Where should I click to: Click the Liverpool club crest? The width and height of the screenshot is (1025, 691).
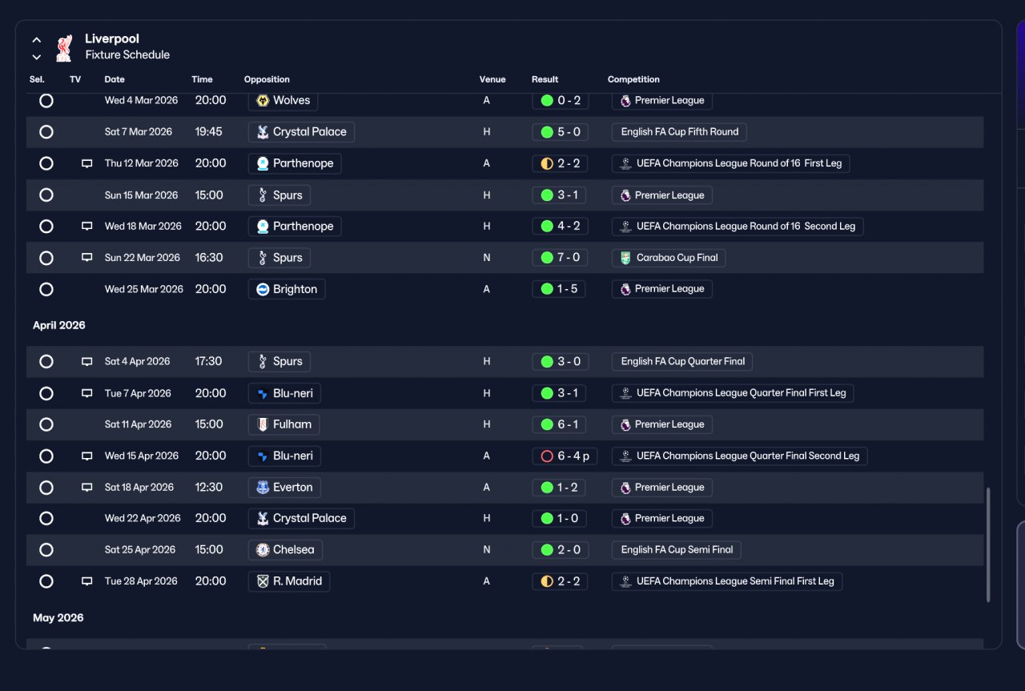[64, 47]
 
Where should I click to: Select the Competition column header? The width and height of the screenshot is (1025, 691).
[633, 79]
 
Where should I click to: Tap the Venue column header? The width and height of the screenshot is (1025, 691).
[492, 79]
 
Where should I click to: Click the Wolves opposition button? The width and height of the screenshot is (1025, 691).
[283, 100]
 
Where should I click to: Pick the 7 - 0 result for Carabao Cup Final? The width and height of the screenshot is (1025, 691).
[560, 258]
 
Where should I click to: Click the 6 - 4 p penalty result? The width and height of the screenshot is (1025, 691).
[565, 456]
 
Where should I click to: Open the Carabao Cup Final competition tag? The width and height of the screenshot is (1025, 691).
[669, 258]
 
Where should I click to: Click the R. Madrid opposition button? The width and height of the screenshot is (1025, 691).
[289, 581]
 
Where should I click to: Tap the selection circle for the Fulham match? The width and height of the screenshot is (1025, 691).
[46, 424]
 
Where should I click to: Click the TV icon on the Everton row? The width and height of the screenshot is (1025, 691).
[87, 487]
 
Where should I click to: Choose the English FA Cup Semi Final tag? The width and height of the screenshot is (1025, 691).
[677, 549]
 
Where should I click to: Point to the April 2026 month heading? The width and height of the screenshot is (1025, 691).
[59, 325]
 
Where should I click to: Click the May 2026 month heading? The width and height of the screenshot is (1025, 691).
[58, 618]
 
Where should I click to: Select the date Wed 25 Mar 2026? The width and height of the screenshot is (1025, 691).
[143, 289]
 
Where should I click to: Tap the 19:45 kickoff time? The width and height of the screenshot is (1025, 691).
[209, 132]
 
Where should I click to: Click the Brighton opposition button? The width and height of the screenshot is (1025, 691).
[287, 289]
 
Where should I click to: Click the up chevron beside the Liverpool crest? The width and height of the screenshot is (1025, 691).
[37, 40]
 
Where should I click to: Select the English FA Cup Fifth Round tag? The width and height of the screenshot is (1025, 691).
[679, 132]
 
